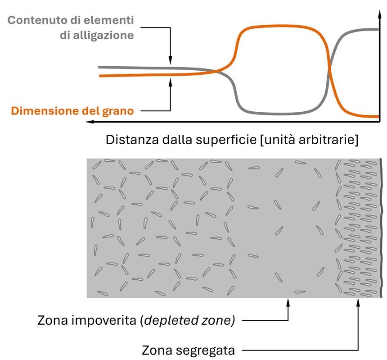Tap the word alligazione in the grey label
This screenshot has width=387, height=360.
coord(105,35)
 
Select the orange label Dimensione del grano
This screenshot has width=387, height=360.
coord(72,110)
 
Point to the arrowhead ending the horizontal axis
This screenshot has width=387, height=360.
coord(90,122)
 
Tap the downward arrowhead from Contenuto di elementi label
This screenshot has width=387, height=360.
coord(170,61)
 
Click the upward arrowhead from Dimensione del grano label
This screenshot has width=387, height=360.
coord(170,81)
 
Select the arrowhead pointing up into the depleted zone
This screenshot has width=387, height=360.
coord(288,301)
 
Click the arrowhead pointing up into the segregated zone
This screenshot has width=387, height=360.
coord(358,301)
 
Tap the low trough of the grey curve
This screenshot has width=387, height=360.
coord(279,113)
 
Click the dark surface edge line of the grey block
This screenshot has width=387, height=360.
coord(381,228)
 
